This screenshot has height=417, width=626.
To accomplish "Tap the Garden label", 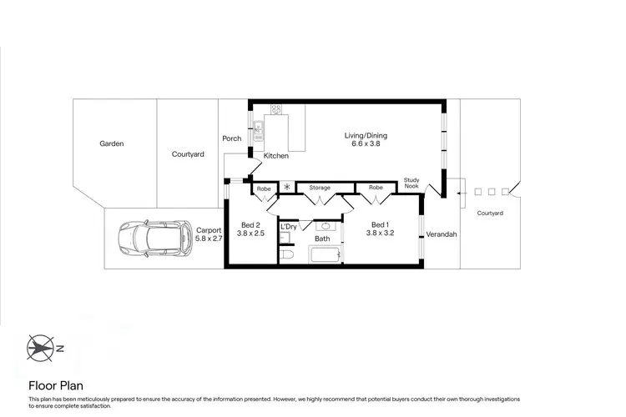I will click(x=112, y=143).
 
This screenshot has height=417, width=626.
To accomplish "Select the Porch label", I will click(x=231, y=138).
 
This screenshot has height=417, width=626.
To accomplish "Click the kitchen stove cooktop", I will click(x=276, y=110).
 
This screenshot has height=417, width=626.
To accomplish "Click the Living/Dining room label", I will click(x=366, y=135).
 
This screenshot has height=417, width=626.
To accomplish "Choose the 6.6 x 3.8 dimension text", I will click(x=366, y=143).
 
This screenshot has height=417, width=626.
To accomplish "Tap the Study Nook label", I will click(x=411, y=183).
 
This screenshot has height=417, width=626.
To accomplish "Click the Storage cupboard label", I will click(x=320, y=188).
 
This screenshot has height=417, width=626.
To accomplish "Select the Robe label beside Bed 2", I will click(x=264, y=189).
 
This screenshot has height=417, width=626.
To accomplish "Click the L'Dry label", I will click(x=289, y=227).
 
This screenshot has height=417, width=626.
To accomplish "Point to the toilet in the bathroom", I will click(x=285, y=255).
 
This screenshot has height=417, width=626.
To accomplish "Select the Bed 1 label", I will click(x=379, y=225).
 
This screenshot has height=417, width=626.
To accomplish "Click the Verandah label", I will click(x=442, y=234).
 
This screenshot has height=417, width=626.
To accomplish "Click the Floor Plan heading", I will click(x=55, y=385).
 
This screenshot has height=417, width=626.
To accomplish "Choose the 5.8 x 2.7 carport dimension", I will click(x=208, y=239).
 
